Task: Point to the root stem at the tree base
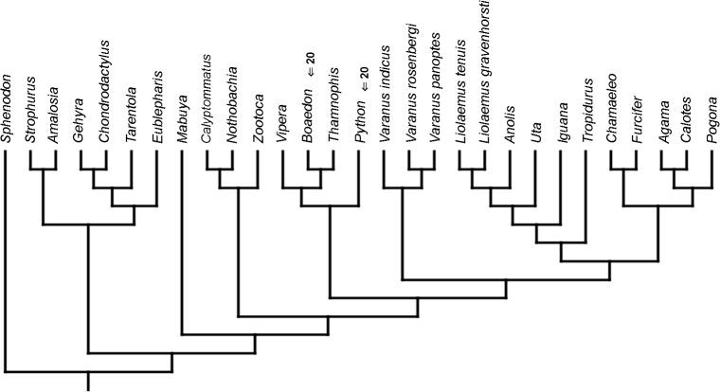89,382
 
